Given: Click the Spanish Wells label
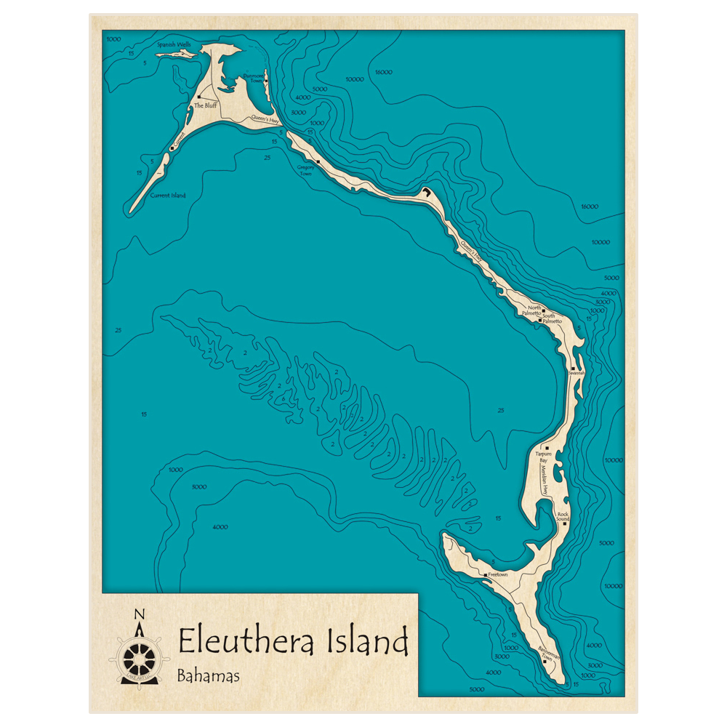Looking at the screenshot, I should coord(174,44).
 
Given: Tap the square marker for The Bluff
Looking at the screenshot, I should coord(198,97).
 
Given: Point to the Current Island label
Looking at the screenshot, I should coord(168,195).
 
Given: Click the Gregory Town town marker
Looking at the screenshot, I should coord(318,161).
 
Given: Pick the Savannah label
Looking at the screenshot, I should coord(577,372).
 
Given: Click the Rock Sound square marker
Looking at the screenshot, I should coord(564,523).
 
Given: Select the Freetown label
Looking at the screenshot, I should coord(498,574).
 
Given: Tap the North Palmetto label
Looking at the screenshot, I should coord(535,310).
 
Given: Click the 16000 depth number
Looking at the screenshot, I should coord(589,206).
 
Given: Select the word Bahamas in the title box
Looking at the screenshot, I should coord(209,676).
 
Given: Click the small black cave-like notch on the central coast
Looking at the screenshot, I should coord(425,192).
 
